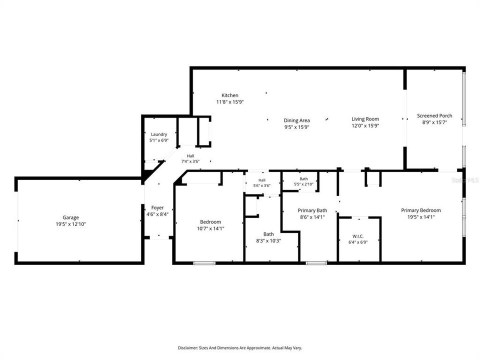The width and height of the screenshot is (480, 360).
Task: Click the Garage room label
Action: [70, 217]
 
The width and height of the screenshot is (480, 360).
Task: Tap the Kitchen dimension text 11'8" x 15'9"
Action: [230, 102]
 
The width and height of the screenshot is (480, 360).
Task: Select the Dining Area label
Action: [296, 120]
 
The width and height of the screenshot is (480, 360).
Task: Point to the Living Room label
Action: [365, 119]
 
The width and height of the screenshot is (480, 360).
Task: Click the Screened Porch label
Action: [434, 115]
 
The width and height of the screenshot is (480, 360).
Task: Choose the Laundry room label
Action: [159, 134]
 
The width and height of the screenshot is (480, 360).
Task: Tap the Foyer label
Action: [157, 208]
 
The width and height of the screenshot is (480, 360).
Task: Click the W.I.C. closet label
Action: [358, 236]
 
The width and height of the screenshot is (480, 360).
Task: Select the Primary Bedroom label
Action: [421, 210]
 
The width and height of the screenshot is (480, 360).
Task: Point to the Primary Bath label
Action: [312, 210]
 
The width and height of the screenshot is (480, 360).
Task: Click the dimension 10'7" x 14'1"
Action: [210, 228]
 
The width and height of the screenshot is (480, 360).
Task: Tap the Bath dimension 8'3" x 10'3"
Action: [268, 241]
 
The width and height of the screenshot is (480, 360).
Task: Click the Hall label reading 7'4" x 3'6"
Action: [190, 158]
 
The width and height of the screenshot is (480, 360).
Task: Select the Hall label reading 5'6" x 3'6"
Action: [261, 183]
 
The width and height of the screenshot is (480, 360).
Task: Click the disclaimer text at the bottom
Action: [240, 348]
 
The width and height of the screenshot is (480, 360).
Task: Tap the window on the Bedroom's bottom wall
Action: [204, 262]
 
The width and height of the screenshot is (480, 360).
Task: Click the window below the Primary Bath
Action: [316, 262]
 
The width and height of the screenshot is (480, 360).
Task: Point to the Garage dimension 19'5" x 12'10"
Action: [70, 224]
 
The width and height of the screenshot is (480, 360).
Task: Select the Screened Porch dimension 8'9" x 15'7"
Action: [434, 122]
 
